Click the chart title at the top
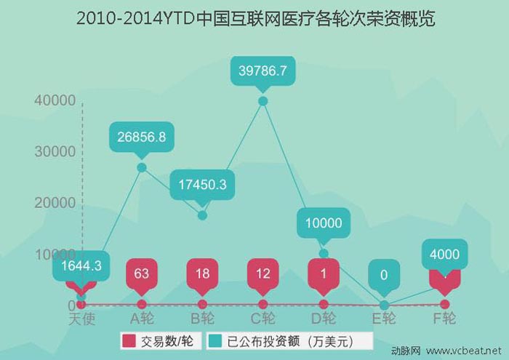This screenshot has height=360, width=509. pos(255,18)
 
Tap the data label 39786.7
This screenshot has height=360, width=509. pos(262,71)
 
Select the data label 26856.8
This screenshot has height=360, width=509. pos(142,136)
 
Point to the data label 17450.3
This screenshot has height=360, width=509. pos(202,185)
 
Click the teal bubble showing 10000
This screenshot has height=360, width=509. pos(324,223)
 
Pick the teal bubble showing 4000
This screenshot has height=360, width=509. pos(444,254)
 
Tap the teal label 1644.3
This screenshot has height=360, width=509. pos(81,267)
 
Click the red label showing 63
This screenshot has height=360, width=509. pos(142,273)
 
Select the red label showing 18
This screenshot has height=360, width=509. pos(202,273)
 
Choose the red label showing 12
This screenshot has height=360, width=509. pos(262,273)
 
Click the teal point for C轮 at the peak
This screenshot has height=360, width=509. pos(262,100)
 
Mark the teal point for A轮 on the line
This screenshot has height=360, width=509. pos(142,167)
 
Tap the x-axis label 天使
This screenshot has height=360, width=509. pos(81,319)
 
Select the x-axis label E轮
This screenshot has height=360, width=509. pos(384,319)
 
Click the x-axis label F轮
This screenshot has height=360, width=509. pos(444,319)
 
